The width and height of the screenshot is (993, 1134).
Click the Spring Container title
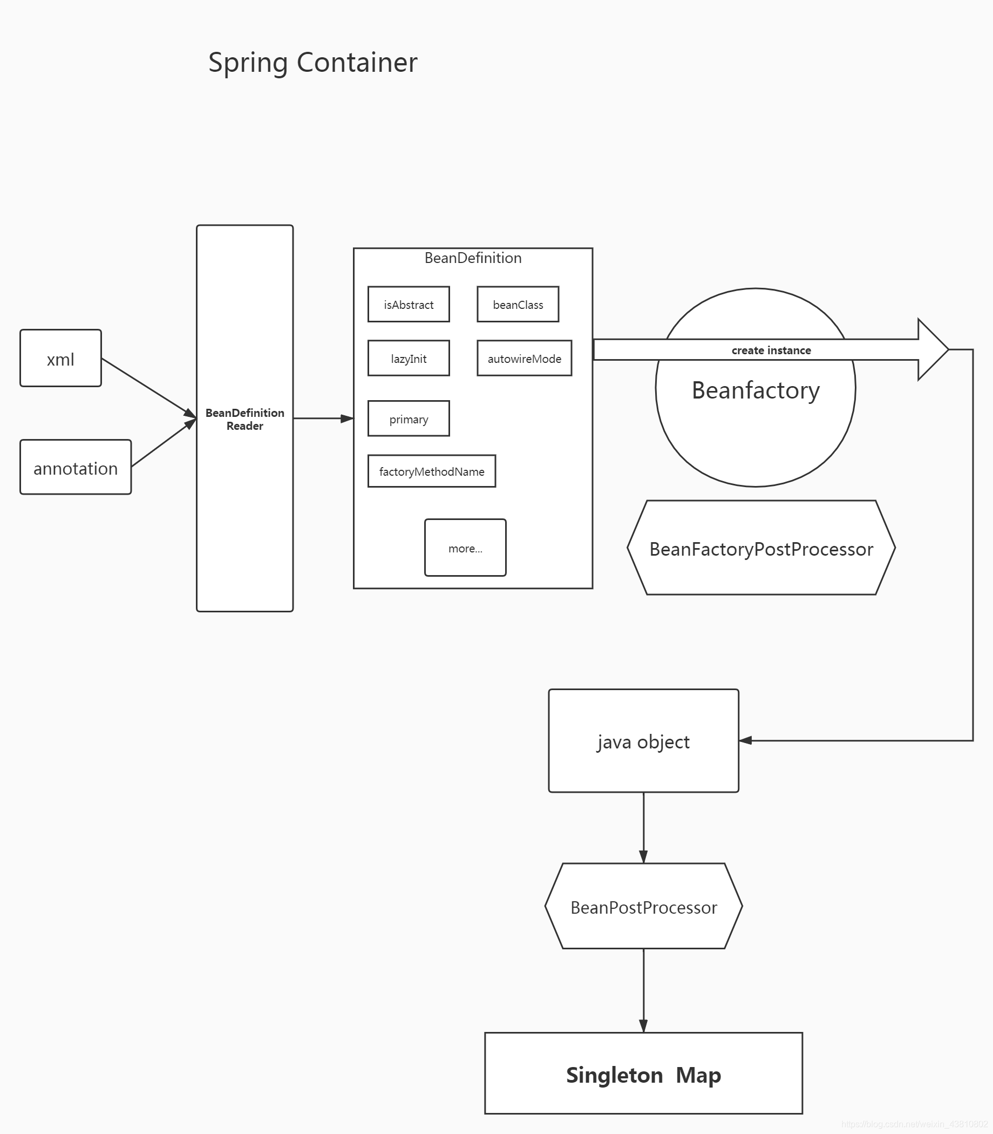(x=312, y=62)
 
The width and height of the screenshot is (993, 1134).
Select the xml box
(x=60, y=358)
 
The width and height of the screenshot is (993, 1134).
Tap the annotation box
(x=76, y=467)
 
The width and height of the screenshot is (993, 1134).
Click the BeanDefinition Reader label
(x=244, y=419)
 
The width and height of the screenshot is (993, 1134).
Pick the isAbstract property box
(x=409, y=304)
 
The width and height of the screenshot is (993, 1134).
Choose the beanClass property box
(x=518, y=304)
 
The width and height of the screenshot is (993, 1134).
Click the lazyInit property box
(x=409, y=358)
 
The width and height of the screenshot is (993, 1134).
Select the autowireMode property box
(x=523, y=358)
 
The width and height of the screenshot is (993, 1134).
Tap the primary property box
(x=409, y=418)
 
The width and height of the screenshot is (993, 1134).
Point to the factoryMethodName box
(x=431, y=471)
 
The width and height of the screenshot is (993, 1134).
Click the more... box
(x=465, y=548)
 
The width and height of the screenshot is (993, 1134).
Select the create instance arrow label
(x=771, y=350)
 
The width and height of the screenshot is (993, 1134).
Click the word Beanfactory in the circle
(x=756, y=390)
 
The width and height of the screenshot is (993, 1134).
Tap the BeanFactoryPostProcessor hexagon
(x=761, y=548)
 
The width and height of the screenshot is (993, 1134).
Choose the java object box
(x=643, y=741)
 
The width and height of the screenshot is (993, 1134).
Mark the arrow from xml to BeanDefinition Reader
(x=147, y=387)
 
